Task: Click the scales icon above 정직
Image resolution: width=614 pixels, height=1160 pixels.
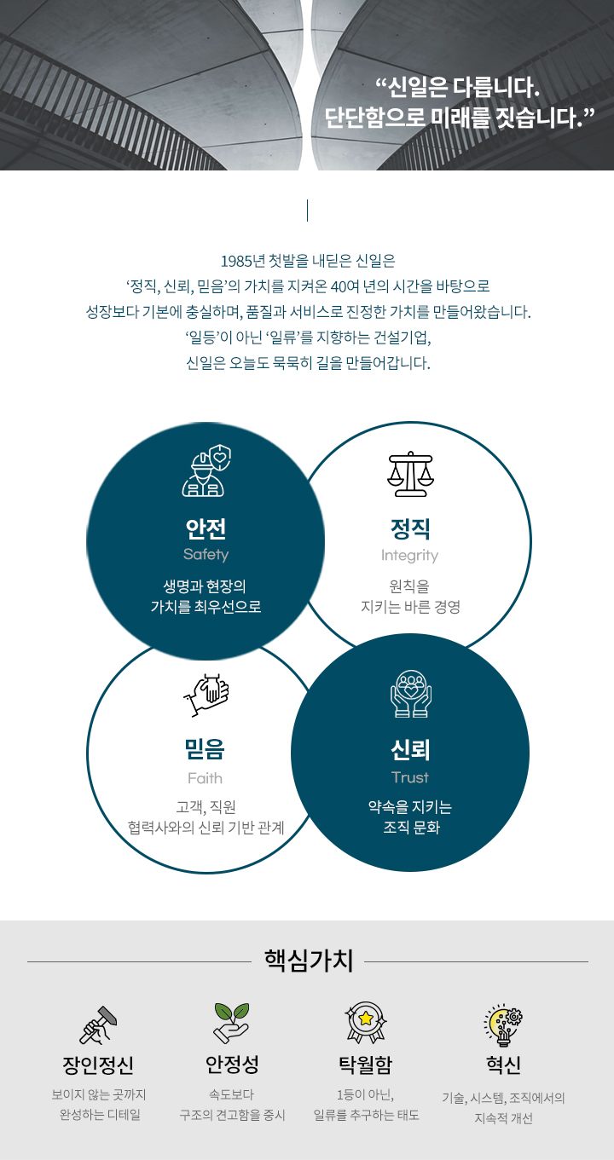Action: [x=410, y=474]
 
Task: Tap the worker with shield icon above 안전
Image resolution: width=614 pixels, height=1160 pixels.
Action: [x=206, y=471]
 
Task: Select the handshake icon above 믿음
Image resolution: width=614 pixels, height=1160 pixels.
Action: [x=206, y=694]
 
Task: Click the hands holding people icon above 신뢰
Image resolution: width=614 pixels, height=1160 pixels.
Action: [x=410, y=692]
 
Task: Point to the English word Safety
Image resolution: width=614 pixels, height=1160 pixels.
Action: [x=206, y=554]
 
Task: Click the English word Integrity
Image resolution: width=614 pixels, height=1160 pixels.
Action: [x=409, y=555]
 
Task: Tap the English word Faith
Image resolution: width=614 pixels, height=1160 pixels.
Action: [x=205, y=777]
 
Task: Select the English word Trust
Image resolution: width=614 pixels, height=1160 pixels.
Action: [x=410, y=776]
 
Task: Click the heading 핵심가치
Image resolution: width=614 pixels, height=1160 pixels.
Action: [x=308, y=961]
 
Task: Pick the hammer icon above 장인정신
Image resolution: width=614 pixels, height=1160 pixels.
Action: [x=98, y=1024]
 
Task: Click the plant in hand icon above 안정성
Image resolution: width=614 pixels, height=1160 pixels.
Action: [x=231, y=1024]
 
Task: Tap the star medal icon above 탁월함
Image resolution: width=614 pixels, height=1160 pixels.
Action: [x=365, y=1023]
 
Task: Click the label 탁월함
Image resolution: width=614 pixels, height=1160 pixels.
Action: [x=365, y=1065]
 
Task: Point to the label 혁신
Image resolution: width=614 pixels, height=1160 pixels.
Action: [x=503, y=1065]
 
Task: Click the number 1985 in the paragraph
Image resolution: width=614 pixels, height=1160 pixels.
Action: [x=234, y=261]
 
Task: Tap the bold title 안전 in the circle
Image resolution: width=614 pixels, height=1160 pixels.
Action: [x=206, y=528]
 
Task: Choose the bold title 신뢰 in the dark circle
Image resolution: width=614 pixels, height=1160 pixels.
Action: [x=410, y=750]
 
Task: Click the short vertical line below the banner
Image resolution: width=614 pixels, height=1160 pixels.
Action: [x=307, y=211]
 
